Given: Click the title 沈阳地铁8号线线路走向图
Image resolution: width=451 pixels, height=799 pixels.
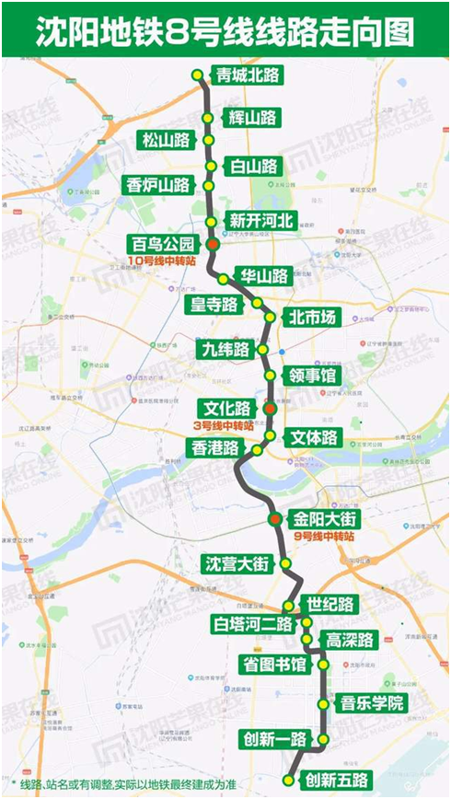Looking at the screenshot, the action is coord(225,34).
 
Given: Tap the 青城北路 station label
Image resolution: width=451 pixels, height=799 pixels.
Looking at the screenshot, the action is coord(246,75).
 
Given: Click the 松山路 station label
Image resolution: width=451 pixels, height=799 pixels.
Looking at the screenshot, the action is coord(166,140).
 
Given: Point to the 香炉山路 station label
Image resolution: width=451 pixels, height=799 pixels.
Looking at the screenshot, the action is coord(158,184).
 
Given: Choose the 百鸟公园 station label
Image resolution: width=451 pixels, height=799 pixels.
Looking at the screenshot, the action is coord(164,244).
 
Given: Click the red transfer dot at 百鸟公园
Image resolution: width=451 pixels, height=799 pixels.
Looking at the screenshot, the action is coord(213,244).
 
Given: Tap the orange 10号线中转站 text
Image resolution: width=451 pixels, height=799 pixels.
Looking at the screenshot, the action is coord(166,262).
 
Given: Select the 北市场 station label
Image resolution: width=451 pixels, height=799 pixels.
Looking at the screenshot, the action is coord(312,318).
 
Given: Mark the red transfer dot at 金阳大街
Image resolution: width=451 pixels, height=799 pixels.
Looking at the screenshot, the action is coord(274,521).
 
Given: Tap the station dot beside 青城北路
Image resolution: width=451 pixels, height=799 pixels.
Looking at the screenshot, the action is coord(196,75).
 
